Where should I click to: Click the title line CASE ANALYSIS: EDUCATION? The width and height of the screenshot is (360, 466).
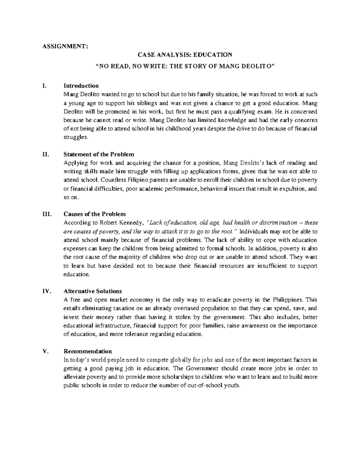click(x=185, y=55)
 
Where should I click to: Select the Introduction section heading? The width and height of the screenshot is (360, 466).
click(x=81, y=86)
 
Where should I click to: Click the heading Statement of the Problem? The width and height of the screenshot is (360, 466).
click(x=99, y=154)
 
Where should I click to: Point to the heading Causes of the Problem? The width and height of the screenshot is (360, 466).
click(x=94, y=214)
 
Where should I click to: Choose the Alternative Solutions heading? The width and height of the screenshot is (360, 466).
click(x=93, y=291)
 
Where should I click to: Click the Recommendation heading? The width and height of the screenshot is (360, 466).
click(x=88, y=351)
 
